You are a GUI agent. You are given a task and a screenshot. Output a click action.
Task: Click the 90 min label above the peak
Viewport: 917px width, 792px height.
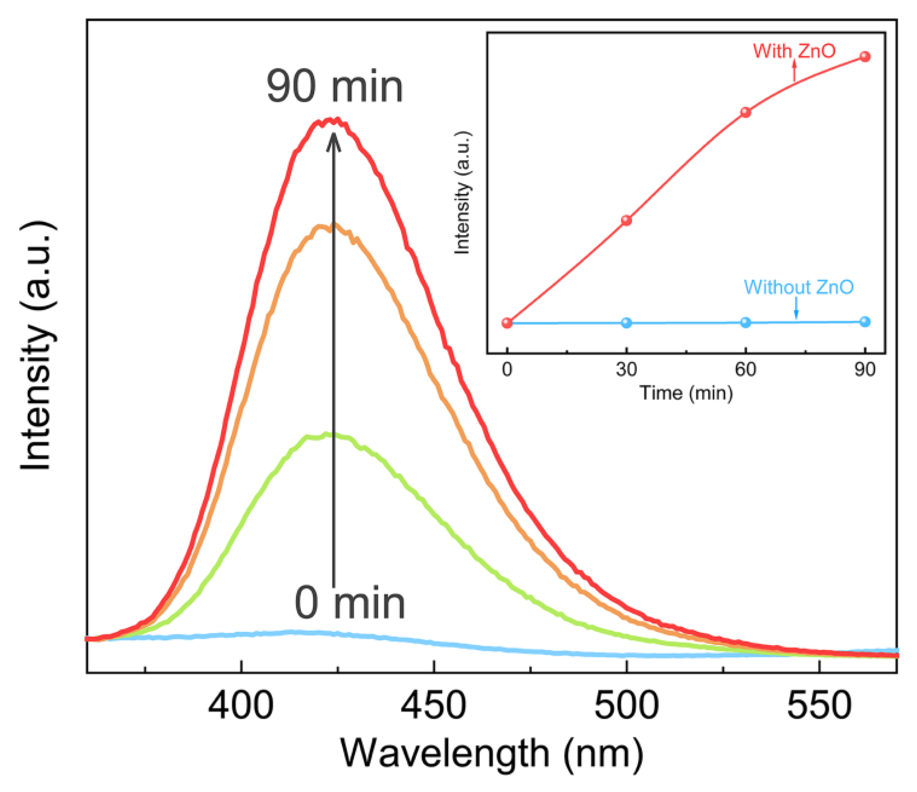[x=335, y=87]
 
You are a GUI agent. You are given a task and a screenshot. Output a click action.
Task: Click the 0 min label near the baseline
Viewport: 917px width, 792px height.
[x=350, y=603]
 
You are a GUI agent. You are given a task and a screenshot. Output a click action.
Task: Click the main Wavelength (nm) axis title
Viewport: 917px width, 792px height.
[x=491, y=753]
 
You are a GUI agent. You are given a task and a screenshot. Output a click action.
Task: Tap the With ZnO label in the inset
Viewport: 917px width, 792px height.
[x=794, y=51]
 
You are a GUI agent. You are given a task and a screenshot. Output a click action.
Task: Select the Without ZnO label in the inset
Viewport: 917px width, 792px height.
[x=798, y=287]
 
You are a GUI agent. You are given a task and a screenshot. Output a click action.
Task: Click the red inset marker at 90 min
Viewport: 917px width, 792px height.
[x=865, y=57]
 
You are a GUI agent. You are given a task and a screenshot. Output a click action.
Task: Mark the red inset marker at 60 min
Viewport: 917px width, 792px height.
[x=746, y=112]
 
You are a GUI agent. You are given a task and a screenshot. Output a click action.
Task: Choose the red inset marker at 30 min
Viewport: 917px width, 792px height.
[x=626, y=220]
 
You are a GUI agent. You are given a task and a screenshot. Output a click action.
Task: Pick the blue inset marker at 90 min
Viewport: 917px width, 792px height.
[x=865, y=322]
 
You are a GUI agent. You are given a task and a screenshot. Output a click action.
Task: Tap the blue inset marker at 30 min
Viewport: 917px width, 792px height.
[x=626, y=323]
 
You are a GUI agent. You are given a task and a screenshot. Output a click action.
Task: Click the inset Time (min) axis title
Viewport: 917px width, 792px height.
[x=686, y=393]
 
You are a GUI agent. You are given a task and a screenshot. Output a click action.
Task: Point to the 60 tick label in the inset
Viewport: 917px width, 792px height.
[x=746, y=369]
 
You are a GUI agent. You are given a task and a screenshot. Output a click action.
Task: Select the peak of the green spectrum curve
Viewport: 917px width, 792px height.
[x=328, y=435]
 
